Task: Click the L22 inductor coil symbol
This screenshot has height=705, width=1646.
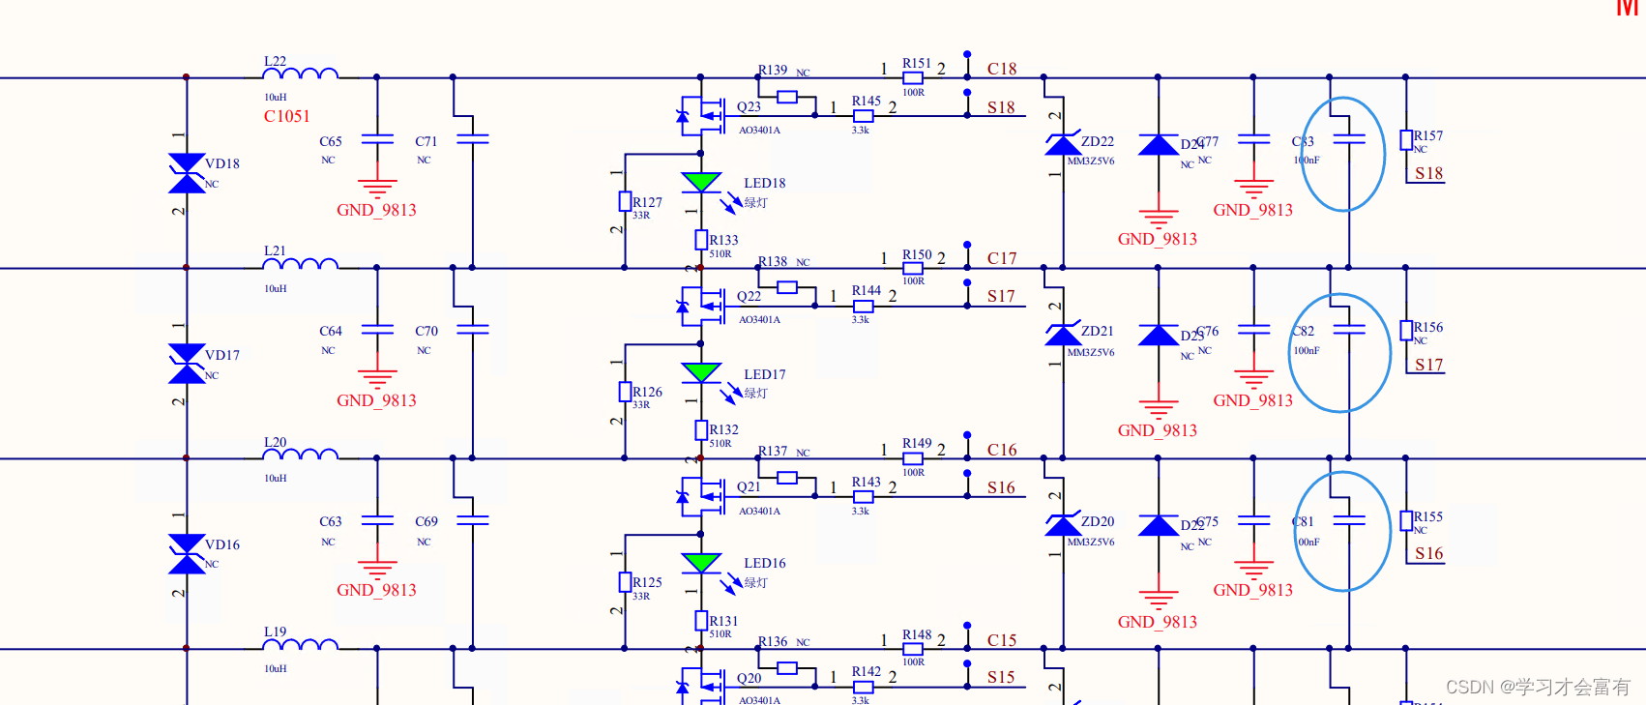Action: (x=301, y=73)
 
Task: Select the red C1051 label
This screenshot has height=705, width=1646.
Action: (x=286, y=116)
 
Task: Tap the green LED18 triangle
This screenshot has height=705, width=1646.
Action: (x=700, y=182)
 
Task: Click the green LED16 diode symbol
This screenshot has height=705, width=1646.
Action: (x=700, y=562)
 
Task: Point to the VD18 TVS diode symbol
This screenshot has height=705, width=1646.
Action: (x=187, y=173)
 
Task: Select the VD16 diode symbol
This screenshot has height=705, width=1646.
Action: (x=187, y=554)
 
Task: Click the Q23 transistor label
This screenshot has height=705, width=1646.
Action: (x=749, y=106)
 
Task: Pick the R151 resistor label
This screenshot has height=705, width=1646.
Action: (x=916, y=63)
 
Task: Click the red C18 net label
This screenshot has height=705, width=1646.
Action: (x=1002, y=69)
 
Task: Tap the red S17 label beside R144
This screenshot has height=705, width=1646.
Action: (x=1001, y=297)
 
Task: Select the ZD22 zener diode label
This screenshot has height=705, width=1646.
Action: (x=1098, y=141)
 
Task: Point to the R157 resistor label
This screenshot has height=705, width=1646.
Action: (x=1428, y=136)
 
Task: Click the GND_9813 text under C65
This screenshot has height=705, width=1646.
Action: (x=376, y=210)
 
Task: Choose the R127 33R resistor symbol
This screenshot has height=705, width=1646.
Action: (x=625, y=202)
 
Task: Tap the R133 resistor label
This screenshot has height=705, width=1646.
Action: (x=723, y=240)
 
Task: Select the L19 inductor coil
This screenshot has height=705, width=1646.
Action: (x=301, y=644)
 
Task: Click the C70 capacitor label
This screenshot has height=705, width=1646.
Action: (x=426, y=331)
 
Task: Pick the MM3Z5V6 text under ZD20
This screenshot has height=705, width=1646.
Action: (x=1091, y=543)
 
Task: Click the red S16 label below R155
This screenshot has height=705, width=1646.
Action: (x=1428, y=553)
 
